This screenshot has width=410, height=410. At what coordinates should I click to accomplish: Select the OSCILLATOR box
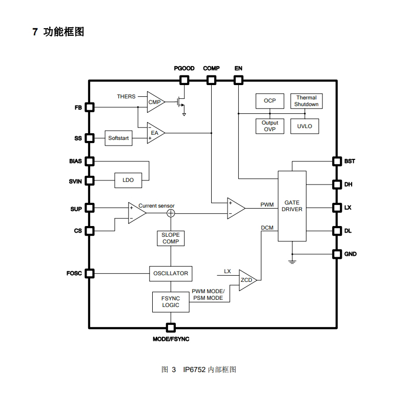coord(171,273)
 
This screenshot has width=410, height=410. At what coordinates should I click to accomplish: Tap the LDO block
coord(128,180)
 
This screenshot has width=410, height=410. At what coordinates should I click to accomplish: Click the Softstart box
coord(118,138)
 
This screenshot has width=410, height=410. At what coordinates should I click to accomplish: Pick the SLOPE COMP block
coord(171,238)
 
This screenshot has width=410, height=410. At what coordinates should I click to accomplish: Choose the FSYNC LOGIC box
coord(171,302)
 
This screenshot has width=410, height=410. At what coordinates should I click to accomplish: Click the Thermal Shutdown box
coord(306,101)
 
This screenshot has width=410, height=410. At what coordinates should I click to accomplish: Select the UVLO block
coord(304,126)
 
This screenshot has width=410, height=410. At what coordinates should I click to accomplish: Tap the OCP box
coord(270,101)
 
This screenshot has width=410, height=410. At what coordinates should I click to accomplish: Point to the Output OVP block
coord(270,126)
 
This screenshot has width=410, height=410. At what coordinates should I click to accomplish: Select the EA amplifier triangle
coord(154,133)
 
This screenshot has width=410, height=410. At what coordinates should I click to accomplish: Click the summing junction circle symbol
coord(171,213)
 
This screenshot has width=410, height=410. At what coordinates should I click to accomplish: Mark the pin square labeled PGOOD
coord(184,80)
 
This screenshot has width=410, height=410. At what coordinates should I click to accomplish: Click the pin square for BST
coord(337,161)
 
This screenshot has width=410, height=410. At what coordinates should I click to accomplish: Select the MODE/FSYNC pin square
coord(171,327)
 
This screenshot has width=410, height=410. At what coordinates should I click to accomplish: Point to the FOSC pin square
coord(90,273)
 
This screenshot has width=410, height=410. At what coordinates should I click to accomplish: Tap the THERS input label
coord(126,96)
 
